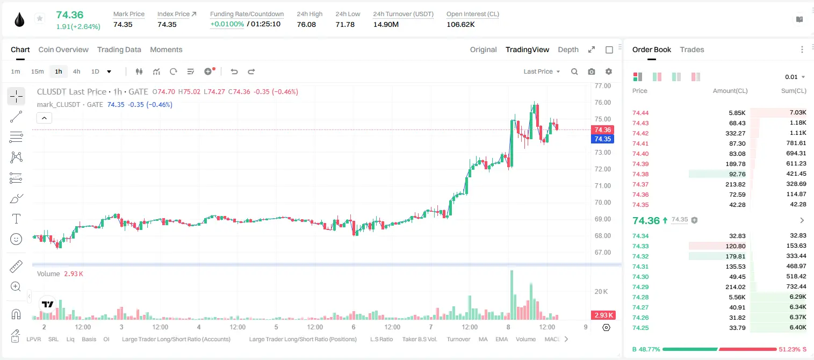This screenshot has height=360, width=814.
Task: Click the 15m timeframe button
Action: (37, 71)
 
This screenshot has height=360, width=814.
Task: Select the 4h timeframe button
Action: (76, 71)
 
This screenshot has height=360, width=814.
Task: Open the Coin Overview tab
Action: (63, 49)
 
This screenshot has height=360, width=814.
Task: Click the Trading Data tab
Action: (119, 49)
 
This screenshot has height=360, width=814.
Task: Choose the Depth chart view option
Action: (568, 49)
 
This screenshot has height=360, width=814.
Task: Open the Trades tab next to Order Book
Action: (691, 49)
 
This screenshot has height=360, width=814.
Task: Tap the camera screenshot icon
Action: (591, 71)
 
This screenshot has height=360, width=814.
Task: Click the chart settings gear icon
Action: (609, 71)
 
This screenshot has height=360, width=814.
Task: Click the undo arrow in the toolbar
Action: (234, 71)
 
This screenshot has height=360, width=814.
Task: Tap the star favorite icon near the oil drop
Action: (40, 18)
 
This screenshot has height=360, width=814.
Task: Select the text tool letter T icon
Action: (16, 219)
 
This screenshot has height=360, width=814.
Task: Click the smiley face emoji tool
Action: (16, 239)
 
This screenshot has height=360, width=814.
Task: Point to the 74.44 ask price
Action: (640, 113)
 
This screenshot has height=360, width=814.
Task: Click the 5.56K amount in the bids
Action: (737, 297)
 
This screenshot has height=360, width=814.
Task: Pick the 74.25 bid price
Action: (640, 328)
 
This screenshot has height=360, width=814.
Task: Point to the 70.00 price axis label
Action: (602, 203)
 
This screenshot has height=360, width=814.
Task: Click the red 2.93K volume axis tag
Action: (602, 315)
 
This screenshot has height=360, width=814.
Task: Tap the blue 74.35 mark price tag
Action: (602, 139)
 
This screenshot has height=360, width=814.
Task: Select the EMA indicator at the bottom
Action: (501, 339)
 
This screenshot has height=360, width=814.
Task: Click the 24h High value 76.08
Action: (306, 24)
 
